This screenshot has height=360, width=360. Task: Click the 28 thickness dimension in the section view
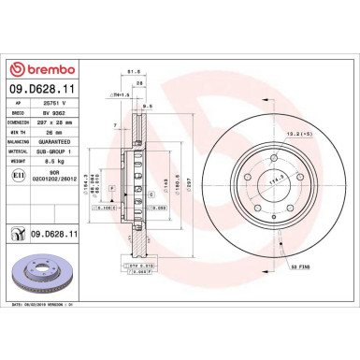tap(139, 82)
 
